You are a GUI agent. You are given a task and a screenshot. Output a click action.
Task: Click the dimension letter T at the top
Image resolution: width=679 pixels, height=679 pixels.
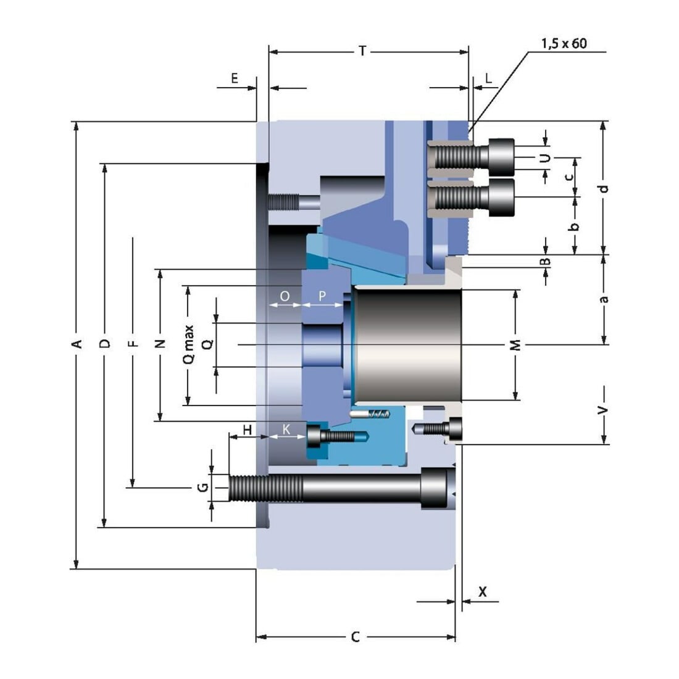[x=362, y=51]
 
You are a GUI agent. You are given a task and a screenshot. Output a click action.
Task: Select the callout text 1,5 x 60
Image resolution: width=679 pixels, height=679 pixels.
[x=564, y=44]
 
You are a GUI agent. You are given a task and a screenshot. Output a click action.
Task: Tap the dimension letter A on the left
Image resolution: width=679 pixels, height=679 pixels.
[x=77, y=344]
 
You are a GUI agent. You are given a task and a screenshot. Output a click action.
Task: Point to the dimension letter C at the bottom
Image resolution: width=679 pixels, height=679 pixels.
[x=355, y=637]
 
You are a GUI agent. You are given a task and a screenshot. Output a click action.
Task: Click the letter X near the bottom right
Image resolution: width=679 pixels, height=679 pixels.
[x=483, y=591]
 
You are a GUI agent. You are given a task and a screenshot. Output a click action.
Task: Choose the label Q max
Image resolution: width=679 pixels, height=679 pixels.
[x=188, y=344]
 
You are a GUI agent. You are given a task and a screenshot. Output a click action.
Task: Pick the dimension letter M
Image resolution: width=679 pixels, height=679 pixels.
[x=515, y=345]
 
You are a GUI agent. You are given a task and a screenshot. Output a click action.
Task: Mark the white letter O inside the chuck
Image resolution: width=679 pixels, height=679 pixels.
[x=285, y=296]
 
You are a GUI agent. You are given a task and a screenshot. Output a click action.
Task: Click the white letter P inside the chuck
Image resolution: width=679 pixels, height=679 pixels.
[x=322, y=296]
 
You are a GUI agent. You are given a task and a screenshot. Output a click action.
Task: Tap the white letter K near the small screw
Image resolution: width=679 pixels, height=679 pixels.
[x=286, y=429]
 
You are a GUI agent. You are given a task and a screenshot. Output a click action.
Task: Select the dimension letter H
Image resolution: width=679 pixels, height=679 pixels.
[x=248, y=430]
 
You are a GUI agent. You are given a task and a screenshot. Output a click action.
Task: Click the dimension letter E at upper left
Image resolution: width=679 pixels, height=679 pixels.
[x=235, y=78]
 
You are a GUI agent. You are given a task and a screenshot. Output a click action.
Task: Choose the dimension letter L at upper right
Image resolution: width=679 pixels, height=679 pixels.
[x=488, y=78]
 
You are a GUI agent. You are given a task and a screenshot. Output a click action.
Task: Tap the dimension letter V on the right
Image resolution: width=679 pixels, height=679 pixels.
[x=602, y=410]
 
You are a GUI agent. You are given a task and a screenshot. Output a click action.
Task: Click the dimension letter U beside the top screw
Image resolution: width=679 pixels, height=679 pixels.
[x=546, y=158]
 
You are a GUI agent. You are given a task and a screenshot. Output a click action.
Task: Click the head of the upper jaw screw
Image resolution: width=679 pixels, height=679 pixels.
[x=501, y=157]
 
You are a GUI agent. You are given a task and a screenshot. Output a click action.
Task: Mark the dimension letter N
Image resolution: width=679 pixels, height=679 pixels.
[x=160, y=344]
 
